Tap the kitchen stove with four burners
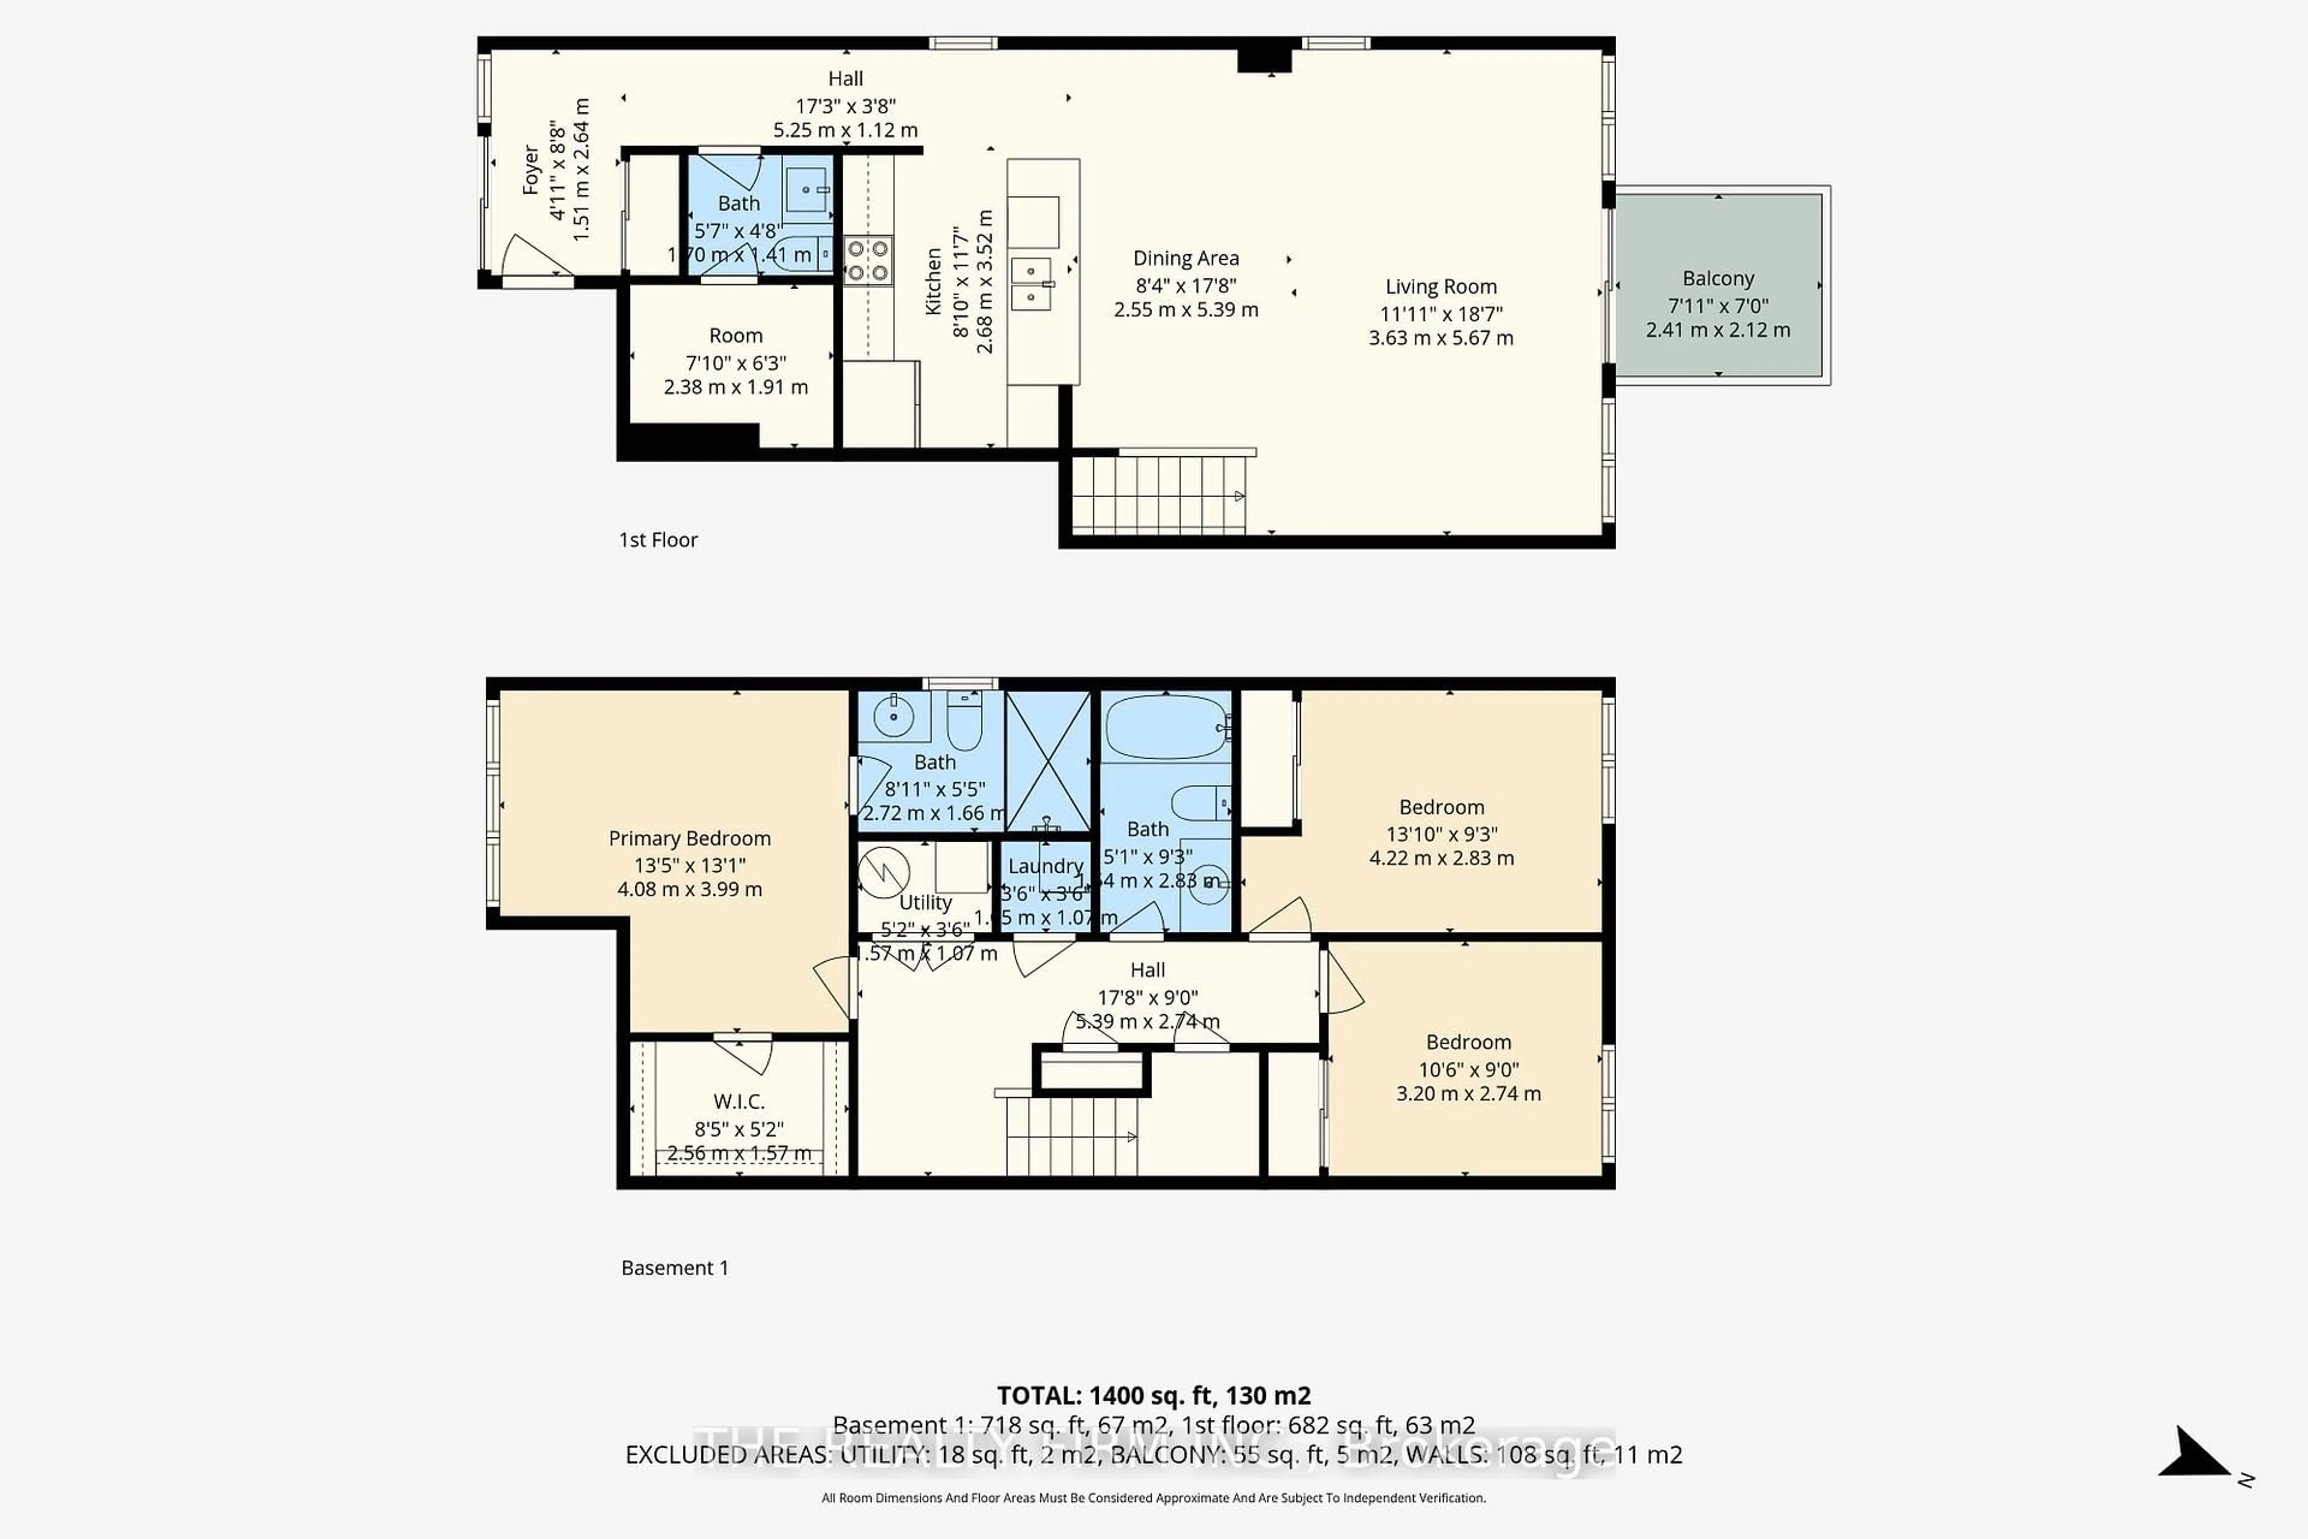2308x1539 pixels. (867, 261)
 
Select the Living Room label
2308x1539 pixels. (1441, 287)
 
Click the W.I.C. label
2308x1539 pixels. (738, 1101)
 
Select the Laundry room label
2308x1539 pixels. (1045, 866)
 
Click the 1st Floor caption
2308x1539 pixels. (658, 540)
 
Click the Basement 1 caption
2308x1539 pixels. (674, 1267)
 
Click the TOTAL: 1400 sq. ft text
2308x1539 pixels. (1153, 1395)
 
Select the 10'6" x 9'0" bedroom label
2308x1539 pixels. (1468, 1069)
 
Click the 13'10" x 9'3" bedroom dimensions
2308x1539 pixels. (1441, 833)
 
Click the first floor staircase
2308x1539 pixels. (1158, 495)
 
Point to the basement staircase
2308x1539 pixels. (1072, 1136)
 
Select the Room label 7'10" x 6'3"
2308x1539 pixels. (735, 335)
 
